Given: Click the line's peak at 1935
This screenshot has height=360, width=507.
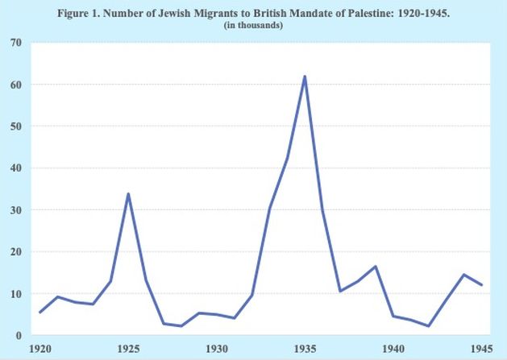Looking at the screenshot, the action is click(305, 77).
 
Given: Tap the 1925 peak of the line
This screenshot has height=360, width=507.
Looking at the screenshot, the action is click(128, 194).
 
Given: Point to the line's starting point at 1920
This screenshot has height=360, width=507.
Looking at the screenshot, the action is click(39, 312).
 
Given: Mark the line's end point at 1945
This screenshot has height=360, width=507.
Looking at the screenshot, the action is click(482, 285).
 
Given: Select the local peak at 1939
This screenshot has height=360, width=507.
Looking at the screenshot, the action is click(376, 267).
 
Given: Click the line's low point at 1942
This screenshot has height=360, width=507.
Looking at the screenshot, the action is click(429, 325).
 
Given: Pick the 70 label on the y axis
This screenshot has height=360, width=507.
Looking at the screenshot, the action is click(16, 43).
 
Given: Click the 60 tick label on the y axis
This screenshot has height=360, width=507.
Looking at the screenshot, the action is click(16, 85).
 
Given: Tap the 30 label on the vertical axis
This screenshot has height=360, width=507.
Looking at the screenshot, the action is click(16, 210).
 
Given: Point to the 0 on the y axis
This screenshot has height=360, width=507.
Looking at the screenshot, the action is click(19, 336).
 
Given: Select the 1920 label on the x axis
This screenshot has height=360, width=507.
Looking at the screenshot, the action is click(40, 349).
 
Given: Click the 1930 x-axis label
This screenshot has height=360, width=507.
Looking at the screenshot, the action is click(217, 349).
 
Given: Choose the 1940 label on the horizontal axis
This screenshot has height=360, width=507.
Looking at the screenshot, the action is click(393, 349).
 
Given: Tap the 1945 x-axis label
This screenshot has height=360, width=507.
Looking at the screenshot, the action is click(482, 349).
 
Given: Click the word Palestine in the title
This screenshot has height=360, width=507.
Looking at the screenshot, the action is click(372, 13).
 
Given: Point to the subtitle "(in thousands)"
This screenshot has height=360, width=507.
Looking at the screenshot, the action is click(253, 25).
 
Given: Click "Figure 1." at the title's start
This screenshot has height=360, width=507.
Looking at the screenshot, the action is click(79, 13).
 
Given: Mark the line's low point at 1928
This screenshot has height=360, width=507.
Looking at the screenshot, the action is click(181, 325).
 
